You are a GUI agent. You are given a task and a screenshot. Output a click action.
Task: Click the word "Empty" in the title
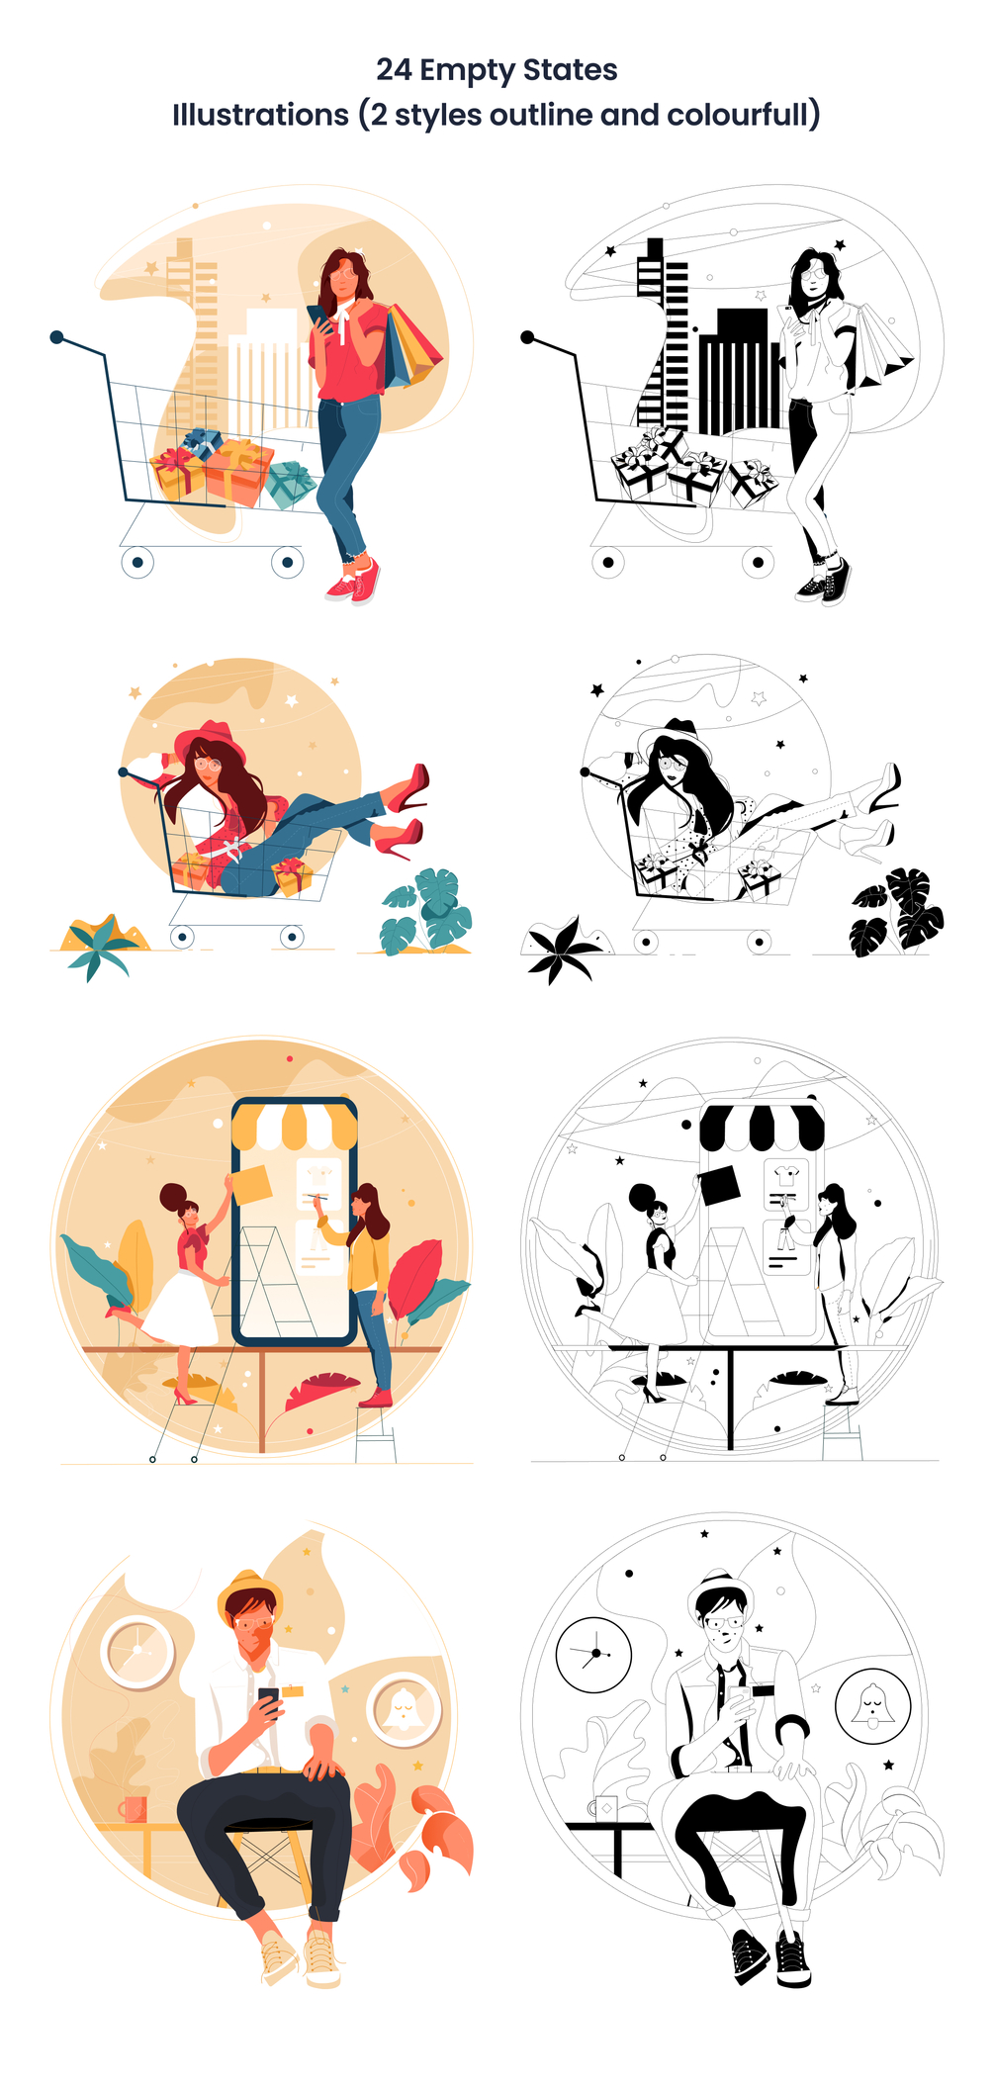click(x=467, y=71)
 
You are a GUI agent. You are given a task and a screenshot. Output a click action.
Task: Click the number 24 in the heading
click(x=394, y=69)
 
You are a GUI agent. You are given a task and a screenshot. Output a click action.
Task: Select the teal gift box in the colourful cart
click(x=290, y=484)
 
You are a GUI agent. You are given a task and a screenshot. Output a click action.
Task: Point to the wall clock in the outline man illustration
click(x=593, y=1655)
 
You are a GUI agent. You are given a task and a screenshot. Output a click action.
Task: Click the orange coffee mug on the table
click(x=134, y=1808)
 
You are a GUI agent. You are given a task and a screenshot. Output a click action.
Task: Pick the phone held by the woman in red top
click(x=318, y=317)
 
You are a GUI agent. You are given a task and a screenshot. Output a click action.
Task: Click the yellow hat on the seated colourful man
click(x=250, y=1590)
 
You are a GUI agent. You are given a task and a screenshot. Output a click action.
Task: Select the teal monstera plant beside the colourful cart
click(x=426, y=911)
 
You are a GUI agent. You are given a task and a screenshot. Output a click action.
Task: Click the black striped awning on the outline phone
click(x=762, y=1128)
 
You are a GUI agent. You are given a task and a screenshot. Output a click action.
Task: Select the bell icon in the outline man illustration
click(x=871, y=1706)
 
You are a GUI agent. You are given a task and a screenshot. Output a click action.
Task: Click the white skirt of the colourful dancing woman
click(x=184, y=1308)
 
